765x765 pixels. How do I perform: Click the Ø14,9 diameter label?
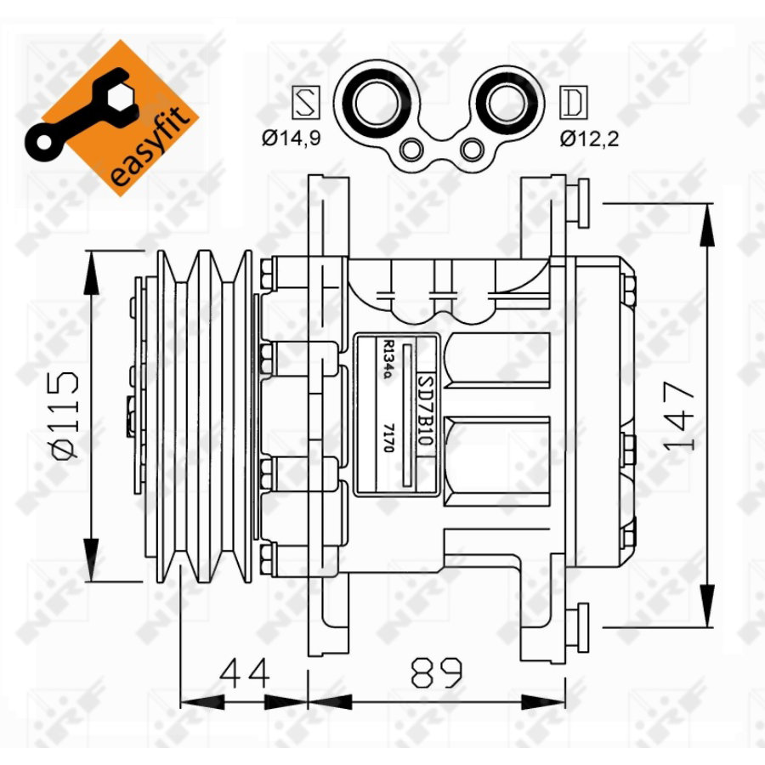coord(291,139)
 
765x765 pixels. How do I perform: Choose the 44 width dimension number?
coord(246,672)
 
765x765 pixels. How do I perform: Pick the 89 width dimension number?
coord(437,672)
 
